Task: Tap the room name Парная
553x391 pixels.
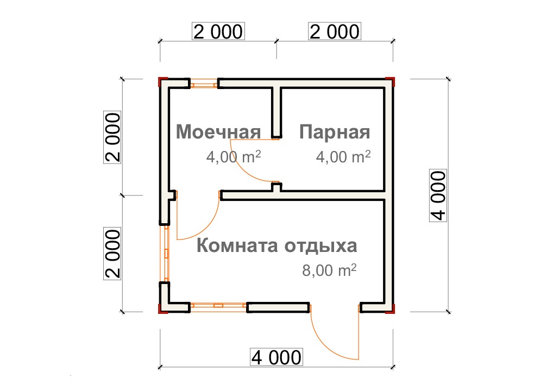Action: [x=334, y=132]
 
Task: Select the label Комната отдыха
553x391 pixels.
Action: [x=276, y=246]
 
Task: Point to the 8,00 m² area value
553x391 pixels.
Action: [x=329, y=270]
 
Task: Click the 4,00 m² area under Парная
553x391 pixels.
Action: [x=343, y=157]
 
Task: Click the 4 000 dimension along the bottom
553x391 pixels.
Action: [x=275, y=357]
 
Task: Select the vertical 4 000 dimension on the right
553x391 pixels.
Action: [x=438, y=195]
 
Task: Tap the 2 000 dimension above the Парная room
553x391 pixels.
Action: [x=334, y=31]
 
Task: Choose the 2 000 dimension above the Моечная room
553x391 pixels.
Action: [x=218, y=31]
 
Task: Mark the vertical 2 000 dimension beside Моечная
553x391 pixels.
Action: [x=112, y=137]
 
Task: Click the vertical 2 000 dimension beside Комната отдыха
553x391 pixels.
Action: [x=112, y=253]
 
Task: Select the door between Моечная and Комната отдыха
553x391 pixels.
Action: [x=197, y=217]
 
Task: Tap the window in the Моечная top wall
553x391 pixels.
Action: [x=204, y=84]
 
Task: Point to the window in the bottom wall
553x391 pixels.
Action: [x=218, y=306]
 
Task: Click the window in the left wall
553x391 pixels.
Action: [x=165, y=253]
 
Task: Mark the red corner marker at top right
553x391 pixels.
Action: [x=391, y=81]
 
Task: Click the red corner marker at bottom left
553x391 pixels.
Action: [x=161, y=310]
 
